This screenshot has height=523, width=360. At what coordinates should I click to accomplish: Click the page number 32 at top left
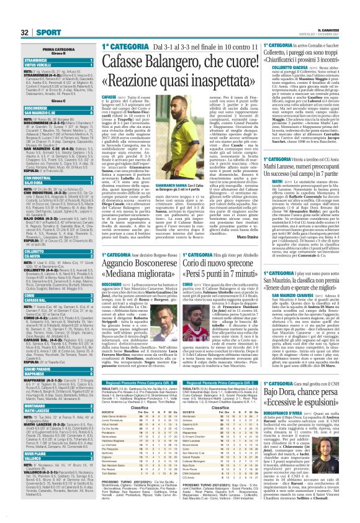click(x=8, y=31)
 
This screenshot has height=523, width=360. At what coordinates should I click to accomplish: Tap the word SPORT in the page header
click(x=27, y=31)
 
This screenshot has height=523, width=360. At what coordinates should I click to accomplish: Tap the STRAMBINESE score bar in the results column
click(x=47, y=60)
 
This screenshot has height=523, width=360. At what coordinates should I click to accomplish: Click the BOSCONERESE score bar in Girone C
click(x=47, y=107)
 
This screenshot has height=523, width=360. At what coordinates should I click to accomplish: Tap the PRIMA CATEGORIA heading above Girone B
click(x=47, y=48)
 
